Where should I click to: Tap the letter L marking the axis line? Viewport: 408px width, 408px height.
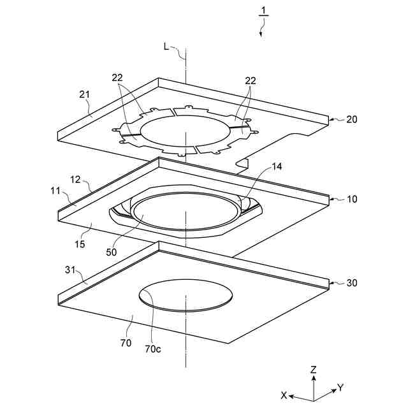point(166,46)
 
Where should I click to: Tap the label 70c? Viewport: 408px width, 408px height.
point(153,349)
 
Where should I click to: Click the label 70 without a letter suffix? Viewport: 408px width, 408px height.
point(126,343)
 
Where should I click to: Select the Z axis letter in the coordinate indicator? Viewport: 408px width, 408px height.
point(313,370)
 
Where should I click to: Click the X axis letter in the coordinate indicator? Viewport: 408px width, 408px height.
point(284,395)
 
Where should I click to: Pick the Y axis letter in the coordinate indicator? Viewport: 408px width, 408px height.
point(340,387)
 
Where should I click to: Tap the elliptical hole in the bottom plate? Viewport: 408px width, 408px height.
point(186,295)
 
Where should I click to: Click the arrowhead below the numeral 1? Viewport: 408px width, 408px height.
point(260,34)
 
